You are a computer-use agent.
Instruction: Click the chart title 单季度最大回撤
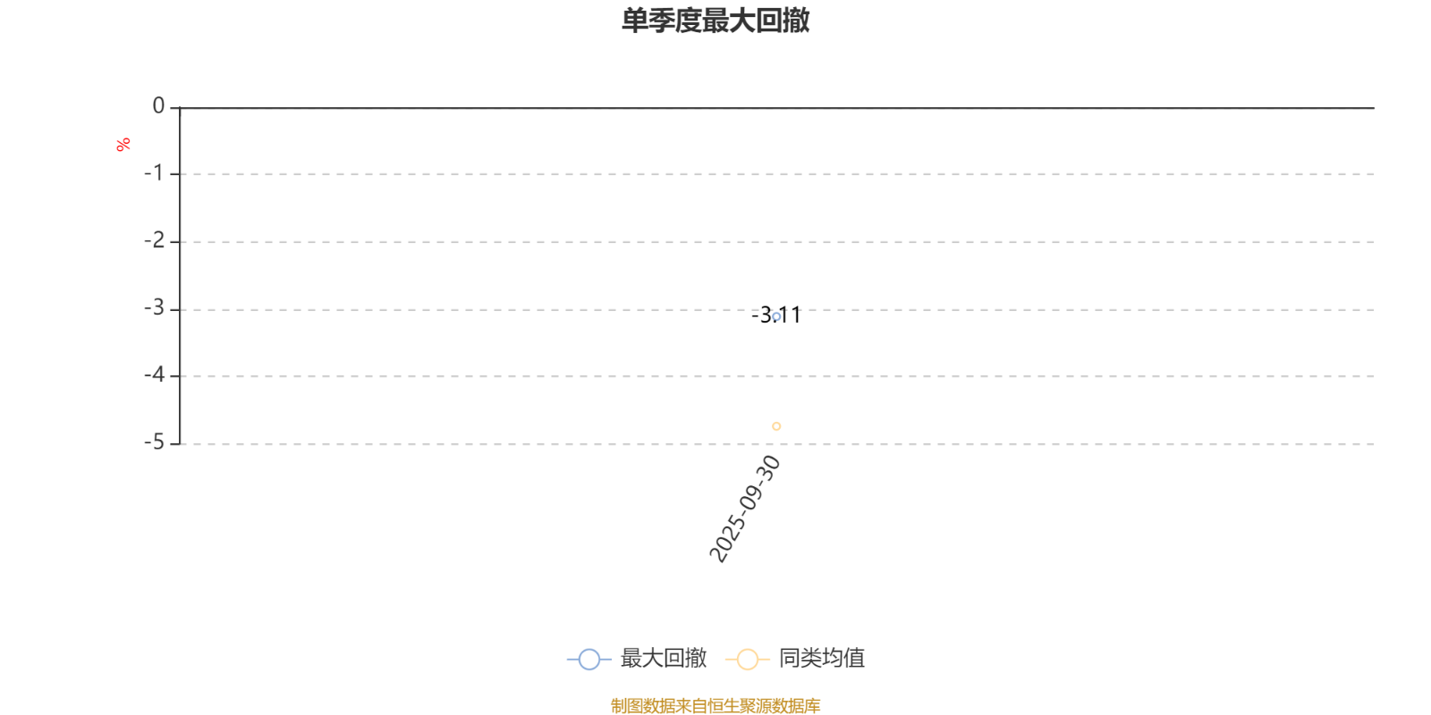click(x=715, y=21)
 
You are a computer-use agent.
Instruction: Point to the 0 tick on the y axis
click(x=158, y=106)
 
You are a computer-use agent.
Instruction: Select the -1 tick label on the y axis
click(x=154, y=172)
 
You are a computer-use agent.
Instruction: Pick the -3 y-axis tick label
click(x=154, y=307)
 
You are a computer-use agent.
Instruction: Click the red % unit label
click(x=123, y=144)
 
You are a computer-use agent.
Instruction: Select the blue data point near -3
click(x=776, y=316)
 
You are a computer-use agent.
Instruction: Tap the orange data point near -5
click(x=776, y=426)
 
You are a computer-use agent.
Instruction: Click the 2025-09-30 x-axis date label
click(x=745, y=509)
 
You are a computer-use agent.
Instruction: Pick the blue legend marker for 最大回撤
click(x=588, y=660)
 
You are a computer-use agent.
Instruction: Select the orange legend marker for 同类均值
click(x=747, y=660)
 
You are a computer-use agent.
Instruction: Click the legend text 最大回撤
click(x=663, y=659)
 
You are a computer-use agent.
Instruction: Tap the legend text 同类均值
click(x=821, y=659)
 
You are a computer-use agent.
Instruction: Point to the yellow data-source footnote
click(x=715, y=706)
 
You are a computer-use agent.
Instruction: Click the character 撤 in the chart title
click(x=796, y=21)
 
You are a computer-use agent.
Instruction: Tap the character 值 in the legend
click(x=854, y=659)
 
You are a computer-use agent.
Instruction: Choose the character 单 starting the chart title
click(x=635, y=21)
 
